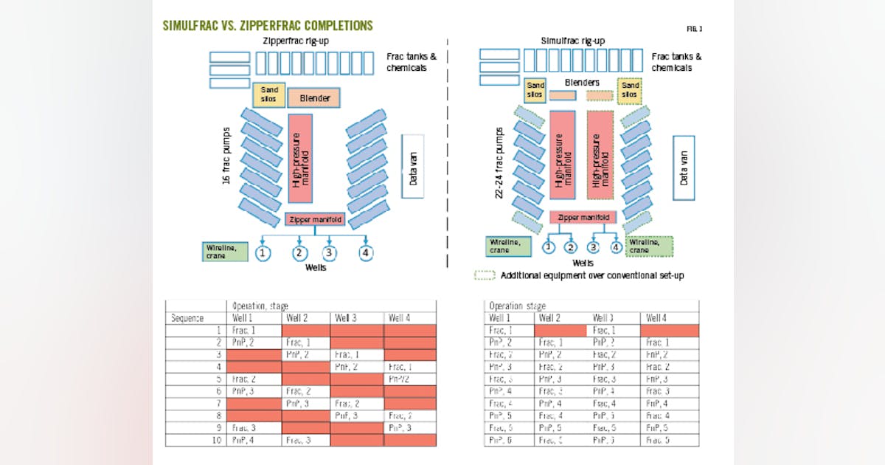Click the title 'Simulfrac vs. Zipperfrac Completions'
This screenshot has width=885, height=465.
click(x=268, y=26)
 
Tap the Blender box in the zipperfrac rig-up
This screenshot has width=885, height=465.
click(x=314, y=97)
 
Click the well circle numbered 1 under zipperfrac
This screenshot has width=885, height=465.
click(x=263, y=254)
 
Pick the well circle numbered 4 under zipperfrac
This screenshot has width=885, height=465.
click(x=366, y=254)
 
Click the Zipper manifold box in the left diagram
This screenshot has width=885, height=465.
click(x=314, y=219)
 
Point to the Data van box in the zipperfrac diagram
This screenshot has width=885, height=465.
click(x=412, y=166)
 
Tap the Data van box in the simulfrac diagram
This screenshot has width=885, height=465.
click(x=683, y=168)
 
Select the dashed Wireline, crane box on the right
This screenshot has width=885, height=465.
click(x=648, y=246)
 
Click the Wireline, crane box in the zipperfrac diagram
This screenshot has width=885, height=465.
click(x=226, y=251)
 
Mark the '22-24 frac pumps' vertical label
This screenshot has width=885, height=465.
click(x=502, y=165)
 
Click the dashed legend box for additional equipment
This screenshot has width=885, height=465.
click(x=484, y=275)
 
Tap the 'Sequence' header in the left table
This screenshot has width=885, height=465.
click(x=187, y=319)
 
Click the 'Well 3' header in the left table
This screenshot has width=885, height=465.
click(x=345, y=319)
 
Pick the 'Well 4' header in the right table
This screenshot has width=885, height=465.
click(x=657, y=318)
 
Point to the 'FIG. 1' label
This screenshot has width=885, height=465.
click(x=695, y=29)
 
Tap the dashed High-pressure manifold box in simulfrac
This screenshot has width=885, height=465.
click(x=600, y=156)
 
